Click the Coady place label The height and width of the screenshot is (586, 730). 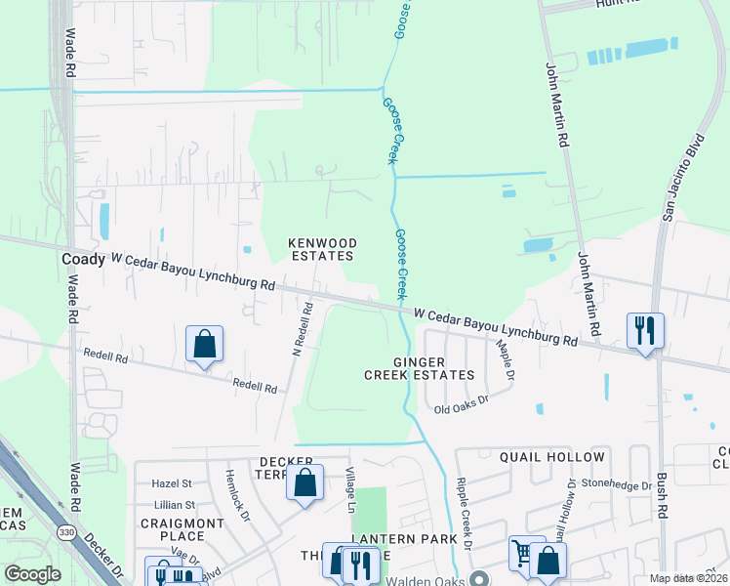83,259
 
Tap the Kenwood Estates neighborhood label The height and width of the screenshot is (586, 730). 321,249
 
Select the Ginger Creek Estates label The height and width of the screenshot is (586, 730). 420,368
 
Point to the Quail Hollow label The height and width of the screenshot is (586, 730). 551,457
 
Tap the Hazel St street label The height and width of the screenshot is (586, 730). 173,483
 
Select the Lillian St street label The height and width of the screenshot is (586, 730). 175,505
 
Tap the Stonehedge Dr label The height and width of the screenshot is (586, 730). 618,484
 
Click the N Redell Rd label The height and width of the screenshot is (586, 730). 302,327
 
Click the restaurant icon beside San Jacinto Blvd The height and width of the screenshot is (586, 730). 645,330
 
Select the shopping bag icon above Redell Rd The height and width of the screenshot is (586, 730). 204,344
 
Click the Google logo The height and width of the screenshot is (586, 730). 32,574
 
